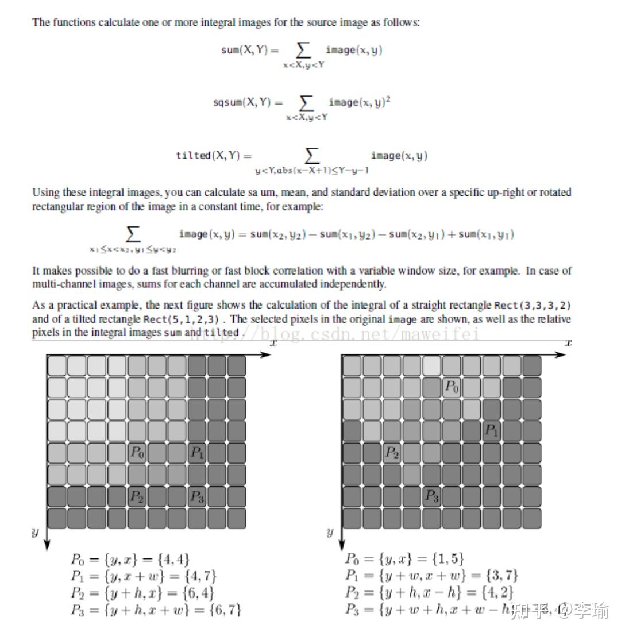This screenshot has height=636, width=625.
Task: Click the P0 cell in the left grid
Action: coord(137,453)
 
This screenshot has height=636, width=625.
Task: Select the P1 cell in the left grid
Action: coord(197,453)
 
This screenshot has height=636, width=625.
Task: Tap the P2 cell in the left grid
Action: coord(137,496)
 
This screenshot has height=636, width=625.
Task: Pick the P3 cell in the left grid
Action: coord(197,496)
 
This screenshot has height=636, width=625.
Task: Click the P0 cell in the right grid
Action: coord(452,387)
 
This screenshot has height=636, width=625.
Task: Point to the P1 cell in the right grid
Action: coord(492,430)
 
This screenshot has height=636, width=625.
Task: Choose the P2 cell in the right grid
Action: coord(392,453)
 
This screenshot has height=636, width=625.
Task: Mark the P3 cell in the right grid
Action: coord(432,496)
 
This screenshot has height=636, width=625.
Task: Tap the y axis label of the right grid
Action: coord(330,532)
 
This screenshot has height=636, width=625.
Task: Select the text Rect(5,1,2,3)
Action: coord(173,319)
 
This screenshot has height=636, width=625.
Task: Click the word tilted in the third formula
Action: coord(194,155)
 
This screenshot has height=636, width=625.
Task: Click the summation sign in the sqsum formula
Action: coord(307,103)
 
